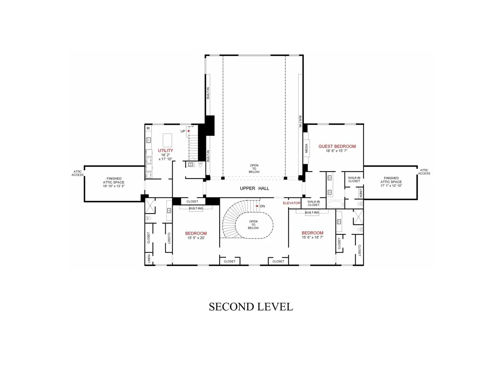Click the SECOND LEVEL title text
(251, 307)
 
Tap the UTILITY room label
(165, 151)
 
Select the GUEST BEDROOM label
(337, 146)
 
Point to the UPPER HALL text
(254, 189)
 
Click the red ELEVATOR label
(291, 203)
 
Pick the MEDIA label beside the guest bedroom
(306, 148)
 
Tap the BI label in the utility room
(148, 128)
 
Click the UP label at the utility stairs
(183, 131)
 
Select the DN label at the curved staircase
(263, 206)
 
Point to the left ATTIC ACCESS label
(78, 173)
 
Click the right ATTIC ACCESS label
(424, 171)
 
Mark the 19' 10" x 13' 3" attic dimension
(114, 186)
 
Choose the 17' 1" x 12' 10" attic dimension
(391, 185)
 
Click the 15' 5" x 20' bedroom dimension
(196, 238)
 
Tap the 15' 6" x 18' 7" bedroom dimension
(312, 237)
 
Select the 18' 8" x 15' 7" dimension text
(337, 151)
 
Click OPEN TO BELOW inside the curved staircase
(253, 225)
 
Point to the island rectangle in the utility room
(167, 140)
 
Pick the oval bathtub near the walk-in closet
(336, 204)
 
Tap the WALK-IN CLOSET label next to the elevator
(313, 203)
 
